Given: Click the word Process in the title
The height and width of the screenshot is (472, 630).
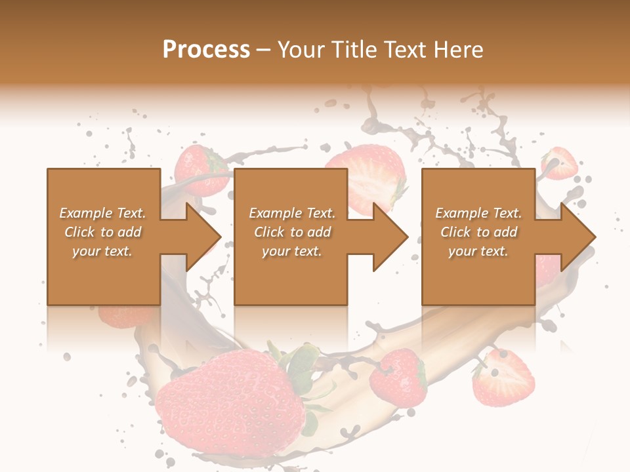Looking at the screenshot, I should [x=206, y=50].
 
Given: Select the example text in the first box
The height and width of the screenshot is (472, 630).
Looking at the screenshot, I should [x=102, y=232].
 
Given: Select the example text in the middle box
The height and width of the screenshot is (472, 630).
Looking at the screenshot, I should [x=292, y=232].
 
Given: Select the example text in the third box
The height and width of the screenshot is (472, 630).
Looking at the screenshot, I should [x=478, y=232].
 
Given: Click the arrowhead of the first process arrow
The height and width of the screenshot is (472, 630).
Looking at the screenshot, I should [x=203, y=237].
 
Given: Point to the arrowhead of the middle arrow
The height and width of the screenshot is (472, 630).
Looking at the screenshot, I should [x=391, y=237].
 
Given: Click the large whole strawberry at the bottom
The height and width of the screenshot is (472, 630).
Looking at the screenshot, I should [x=230, y=403].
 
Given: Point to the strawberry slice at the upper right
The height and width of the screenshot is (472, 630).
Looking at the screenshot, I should [x=559, y=163].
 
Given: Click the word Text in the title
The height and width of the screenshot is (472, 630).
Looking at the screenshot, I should [x=403, y=50].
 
